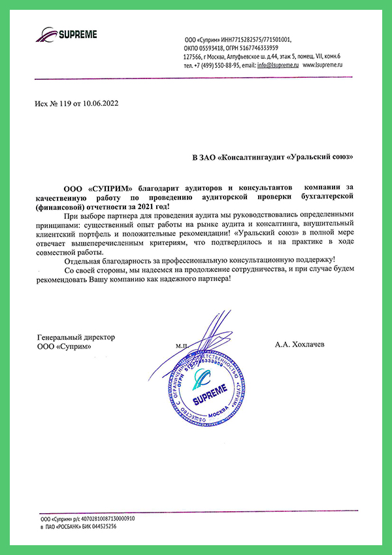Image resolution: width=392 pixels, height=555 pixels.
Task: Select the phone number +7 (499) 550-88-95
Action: [x=216, y=66]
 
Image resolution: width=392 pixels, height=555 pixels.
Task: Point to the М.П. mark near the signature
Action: [x=181, y=345]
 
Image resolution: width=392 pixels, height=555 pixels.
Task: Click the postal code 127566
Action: [x=194, y=57]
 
